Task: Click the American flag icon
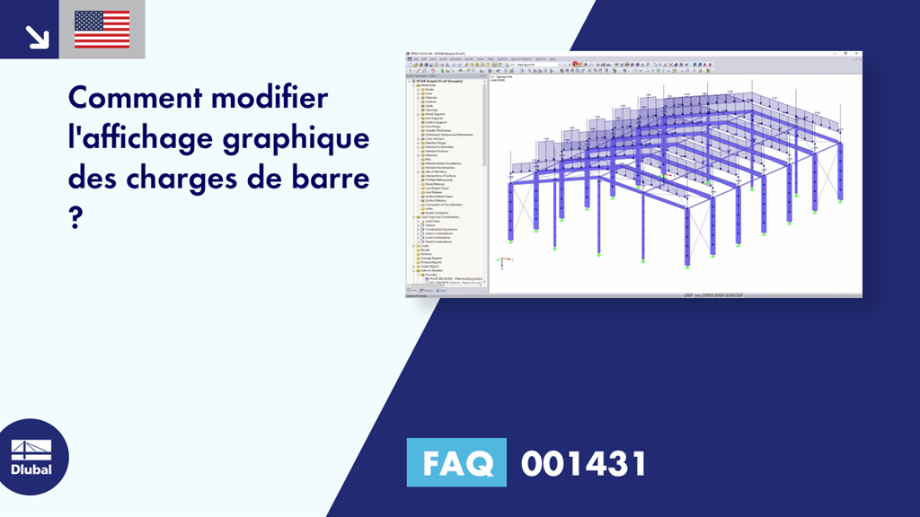pyautogui.click(x=102, y=30)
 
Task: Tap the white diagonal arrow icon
pyautogui.click(x=37, y=35)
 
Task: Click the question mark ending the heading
pyautogui.click(x=75, y=219)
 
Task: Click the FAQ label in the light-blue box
pyautogui.click(x=456, y=464)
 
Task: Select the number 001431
pyautogui.click(x=583, y=464)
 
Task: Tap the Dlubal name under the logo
pyautogui.click(x=31, y=469)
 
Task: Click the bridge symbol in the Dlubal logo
pyautogui.click(x=31, y=449)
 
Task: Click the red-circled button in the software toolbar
pyautogui.click(x=575, y=65)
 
